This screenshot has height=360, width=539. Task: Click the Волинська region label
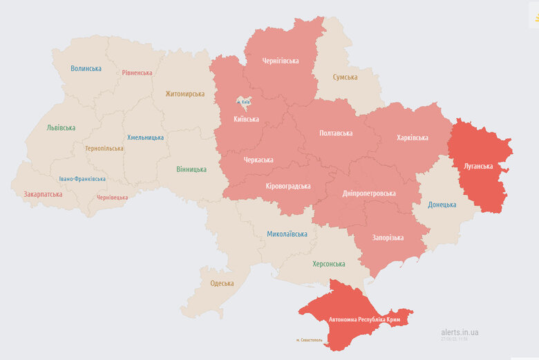[x=86, y=68]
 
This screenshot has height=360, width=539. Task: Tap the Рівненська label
[x=137, y=73]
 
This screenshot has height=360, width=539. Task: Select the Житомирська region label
[x=185, y=93]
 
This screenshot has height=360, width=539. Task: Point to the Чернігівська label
[x=281, y=61]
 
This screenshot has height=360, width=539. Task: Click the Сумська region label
[x=345, y=77]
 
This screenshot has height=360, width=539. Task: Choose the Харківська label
[x=413, y=138]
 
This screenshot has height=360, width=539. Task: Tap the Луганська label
[x=477, y=167]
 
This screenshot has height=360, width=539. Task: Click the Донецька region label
[x=442, y=205]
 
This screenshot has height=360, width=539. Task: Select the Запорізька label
[x=388, y=238]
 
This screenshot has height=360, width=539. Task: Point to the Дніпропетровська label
[x=369, y=193]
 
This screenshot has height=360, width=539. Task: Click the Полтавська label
[x=336, y=133]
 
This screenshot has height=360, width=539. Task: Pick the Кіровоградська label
[x=288, y=186]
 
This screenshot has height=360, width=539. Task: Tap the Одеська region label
[x=222, y=283]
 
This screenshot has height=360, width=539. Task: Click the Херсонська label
[x=329, y=264]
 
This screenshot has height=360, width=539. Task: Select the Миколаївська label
[x=287, y=234]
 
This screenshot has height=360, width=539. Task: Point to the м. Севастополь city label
[x=309, y=339]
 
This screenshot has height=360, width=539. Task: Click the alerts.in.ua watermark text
[x=460, y=332]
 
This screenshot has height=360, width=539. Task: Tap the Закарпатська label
[x=43, y=194]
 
